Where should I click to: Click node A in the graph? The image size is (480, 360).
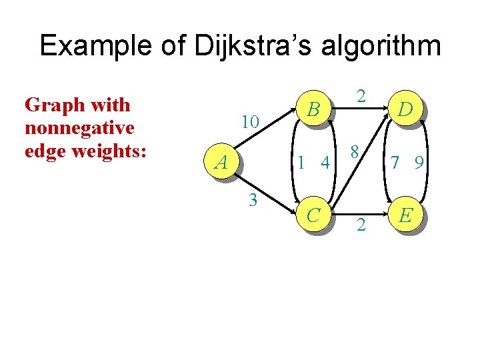221,161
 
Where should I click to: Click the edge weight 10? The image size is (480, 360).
251,122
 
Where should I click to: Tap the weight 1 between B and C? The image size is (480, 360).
303,162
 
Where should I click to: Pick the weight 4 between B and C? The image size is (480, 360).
326,162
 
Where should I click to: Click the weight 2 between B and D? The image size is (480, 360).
361,97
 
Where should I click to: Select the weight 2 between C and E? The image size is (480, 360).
361,225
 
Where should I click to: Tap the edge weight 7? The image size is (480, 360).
395,162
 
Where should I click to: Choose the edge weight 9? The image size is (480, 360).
419,162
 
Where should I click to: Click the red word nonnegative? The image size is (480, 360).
79,127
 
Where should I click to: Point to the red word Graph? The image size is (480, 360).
50,105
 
